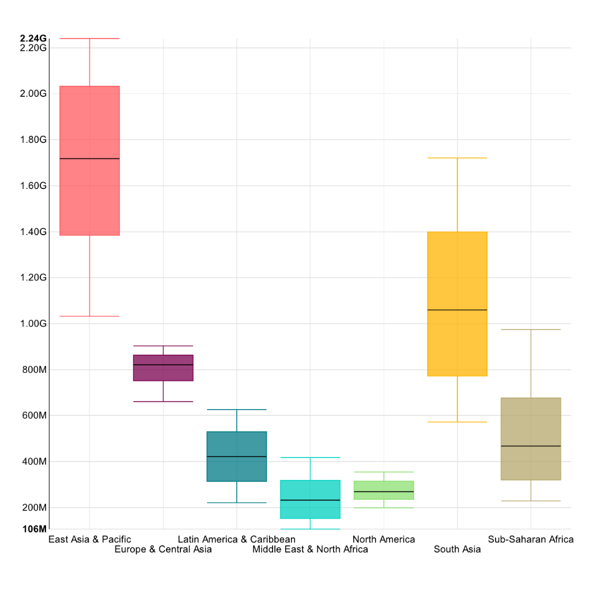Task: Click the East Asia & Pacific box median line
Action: pyautogui.click(x=89, y=158)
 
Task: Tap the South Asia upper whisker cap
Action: pyautogui.click(x=457, y=158)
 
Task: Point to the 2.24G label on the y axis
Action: pyautogui.click(x=33, y=38)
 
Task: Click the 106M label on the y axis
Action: pyautogui.click(x=34, y=529)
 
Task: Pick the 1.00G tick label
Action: pyautogui.click(x=33, y=323)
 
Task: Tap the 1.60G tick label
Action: pyautogui.click(x=33, y=186)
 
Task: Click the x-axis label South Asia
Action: pyautogui.click(x=457, y=549)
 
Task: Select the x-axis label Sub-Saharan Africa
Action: pyautogui.click(x=531, y=539)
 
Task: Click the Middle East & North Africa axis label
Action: pyautogui.click(x=310, y=549)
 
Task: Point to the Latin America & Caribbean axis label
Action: pyautogui.click(x=236, y=539)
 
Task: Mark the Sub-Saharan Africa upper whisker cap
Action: pyautogui.click(x=531, y=330)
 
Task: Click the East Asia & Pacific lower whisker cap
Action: pyautogui.click(x=89, y=316)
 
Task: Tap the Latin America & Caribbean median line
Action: pyautogui.click(x=236, y=456)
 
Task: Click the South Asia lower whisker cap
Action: pyautogui.click(x=457, y=422)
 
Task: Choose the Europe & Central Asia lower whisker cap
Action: pyautogui.click(x=163, y=401)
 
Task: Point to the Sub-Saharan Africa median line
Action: pyautogui.click(x=531, y=446)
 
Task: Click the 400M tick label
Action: pyautogui.click(x=33, y=462)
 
